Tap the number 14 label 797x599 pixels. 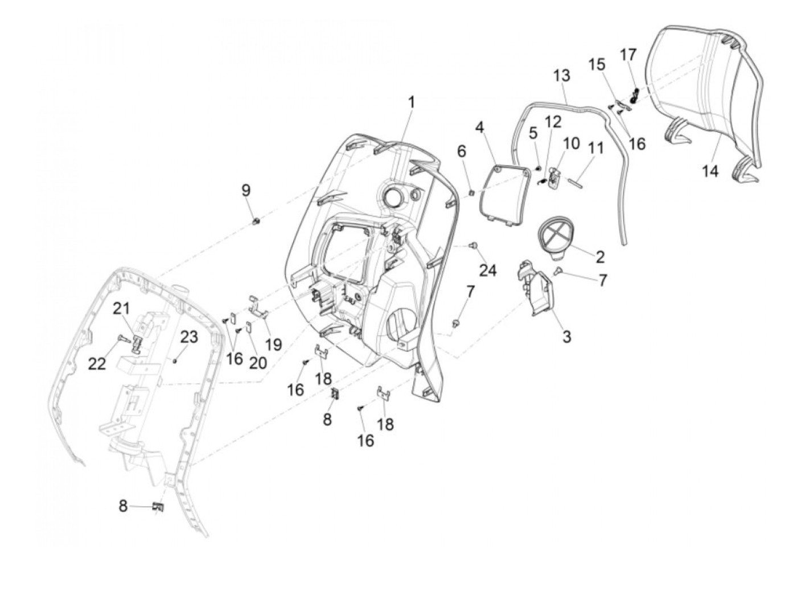(710, 170)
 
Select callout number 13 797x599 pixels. (561, 76)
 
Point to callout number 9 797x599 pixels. (246, 190)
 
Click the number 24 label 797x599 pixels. (487, 270)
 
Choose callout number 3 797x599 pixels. (566, 337)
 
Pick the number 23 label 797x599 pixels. (189, 337)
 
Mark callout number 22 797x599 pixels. (97, 363)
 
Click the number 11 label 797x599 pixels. (595, 149)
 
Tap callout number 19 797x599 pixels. (273, 344)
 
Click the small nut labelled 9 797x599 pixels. (256, 221)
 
